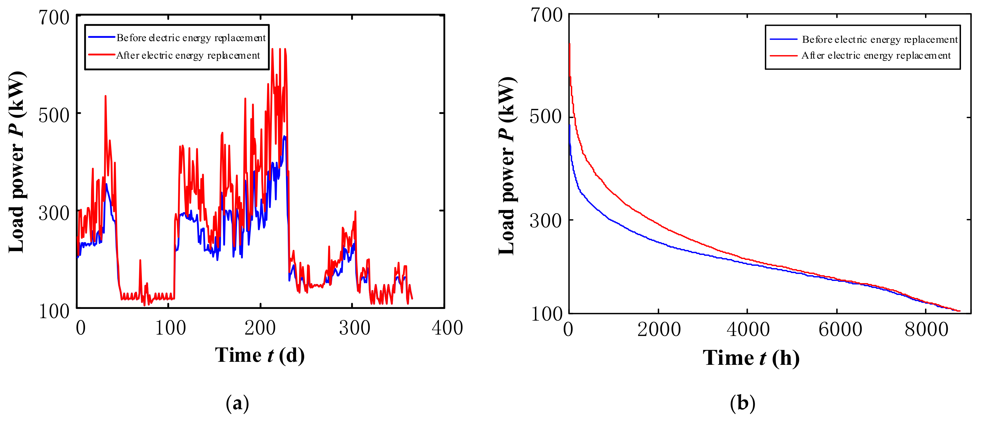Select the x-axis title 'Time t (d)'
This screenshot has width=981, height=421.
pos(260,355)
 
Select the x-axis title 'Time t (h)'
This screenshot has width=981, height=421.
pos(751,358)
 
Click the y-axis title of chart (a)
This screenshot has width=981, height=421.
pos(17,162)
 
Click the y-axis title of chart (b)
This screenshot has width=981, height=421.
pos(507,166)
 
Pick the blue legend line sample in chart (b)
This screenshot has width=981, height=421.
pos(783,39)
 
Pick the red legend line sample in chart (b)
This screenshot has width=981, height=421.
pos(783,56)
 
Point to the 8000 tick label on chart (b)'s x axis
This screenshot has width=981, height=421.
pos(926,329)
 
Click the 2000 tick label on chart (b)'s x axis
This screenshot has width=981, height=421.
pos(659,329)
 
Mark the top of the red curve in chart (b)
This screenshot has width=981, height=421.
pos(569,44)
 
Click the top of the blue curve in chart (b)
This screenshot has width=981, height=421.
pos(570,126)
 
